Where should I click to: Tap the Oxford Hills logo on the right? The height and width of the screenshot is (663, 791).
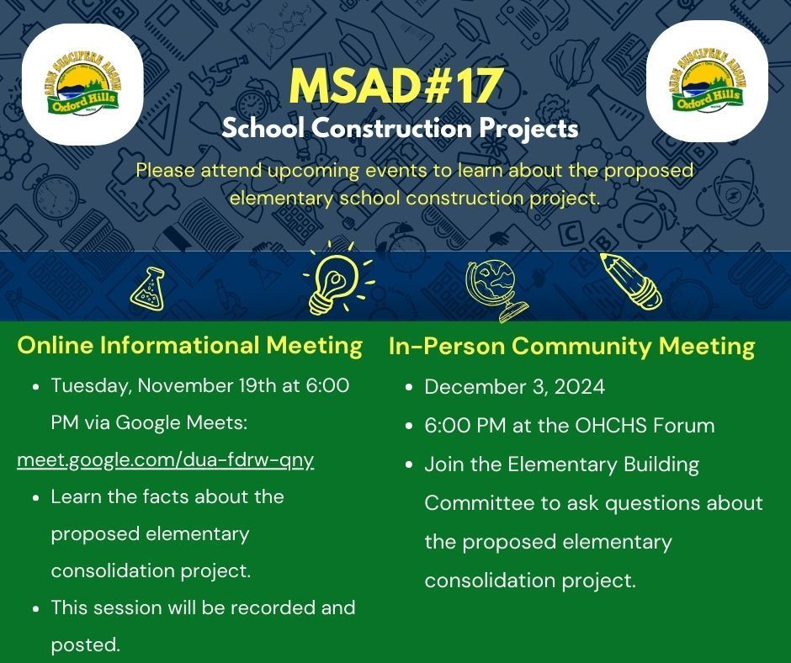pos(707,82)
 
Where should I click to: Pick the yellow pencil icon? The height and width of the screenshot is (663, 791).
pos(630,281)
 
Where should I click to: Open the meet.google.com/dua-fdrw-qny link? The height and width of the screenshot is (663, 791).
pos(166,460)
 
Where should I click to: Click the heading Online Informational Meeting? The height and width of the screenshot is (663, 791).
pos(190,345)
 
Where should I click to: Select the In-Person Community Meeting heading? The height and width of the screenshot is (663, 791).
pos(571,346)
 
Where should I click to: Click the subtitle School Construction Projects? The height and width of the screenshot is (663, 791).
pos(400,129)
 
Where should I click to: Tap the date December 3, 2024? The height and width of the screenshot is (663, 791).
pos(514,387)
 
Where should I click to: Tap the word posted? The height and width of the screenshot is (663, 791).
pos(85,644)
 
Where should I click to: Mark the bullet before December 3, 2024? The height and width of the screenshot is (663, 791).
pos(408,388)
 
